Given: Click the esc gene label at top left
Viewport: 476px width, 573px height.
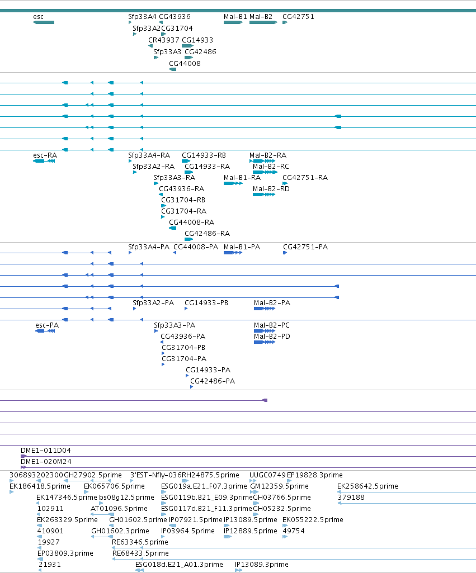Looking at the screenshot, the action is (x=39, y=17).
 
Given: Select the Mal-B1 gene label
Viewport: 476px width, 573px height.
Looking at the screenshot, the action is (x=235, y=17).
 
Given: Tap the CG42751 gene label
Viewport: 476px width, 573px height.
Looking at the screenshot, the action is (x=298, y=17).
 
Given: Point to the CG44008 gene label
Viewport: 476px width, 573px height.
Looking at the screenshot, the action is (x=185, y=64).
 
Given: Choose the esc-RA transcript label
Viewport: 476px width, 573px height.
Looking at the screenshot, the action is (x=45, y=155).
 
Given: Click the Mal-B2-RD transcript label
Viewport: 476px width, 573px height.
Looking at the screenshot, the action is (x=271, y=189).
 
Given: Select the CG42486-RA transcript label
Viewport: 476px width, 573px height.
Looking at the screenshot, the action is (x=208, y=234).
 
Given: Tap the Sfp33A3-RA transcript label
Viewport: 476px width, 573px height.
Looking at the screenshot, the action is (x=175, y=178).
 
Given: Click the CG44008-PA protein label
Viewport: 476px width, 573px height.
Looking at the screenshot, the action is (x=196, y=247).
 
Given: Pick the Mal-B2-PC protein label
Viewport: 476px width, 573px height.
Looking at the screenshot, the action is (x=272, y=325).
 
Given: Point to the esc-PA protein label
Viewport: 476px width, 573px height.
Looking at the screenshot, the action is (x=47, y=325).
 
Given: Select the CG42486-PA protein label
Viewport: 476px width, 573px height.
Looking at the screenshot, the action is (x=213, y=381).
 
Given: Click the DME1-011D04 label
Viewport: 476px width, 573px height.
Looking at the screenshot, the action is (x=46, y=451).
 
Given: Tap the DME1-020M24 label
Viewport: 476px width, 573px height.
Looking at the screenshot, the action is (x=46, y=462).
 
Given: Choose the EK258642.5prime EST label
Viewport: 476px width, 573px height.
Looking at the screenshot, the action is (x=368, y=486).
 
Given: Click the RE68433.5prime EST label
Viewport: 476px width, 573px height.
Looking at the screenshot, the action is (x=141, y=553).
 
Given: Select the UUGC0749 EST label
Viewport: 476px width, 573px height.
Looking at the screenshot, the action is (x=267, y=475).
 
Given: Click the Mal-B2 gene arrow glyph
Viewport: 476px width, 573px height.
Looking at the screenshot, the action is (x=263, y=23).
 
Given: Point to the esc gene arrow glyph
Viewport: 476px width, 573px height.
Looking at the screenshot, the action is (x=44, y=23).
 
